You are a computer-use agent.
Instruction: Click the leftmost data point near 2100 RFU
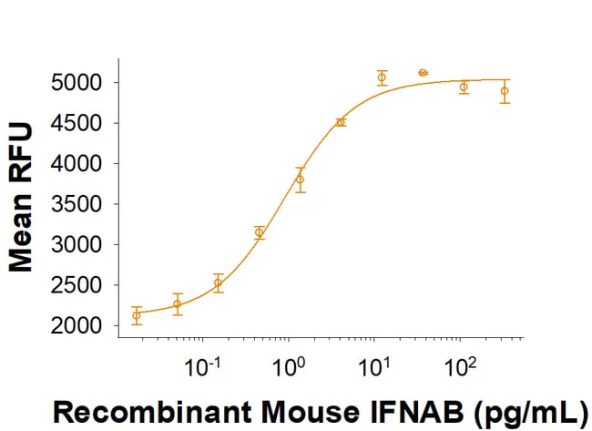pos(137,315)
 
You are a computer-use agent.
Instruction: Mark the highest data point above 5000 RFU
pos(423,72)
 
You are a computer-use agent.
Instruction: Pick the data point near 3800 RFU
pos(300,179)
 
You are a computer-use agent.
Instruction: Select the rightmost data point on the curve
pos(505,90)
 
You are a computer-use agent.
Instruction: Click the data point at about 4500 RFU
pos(341,122)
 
